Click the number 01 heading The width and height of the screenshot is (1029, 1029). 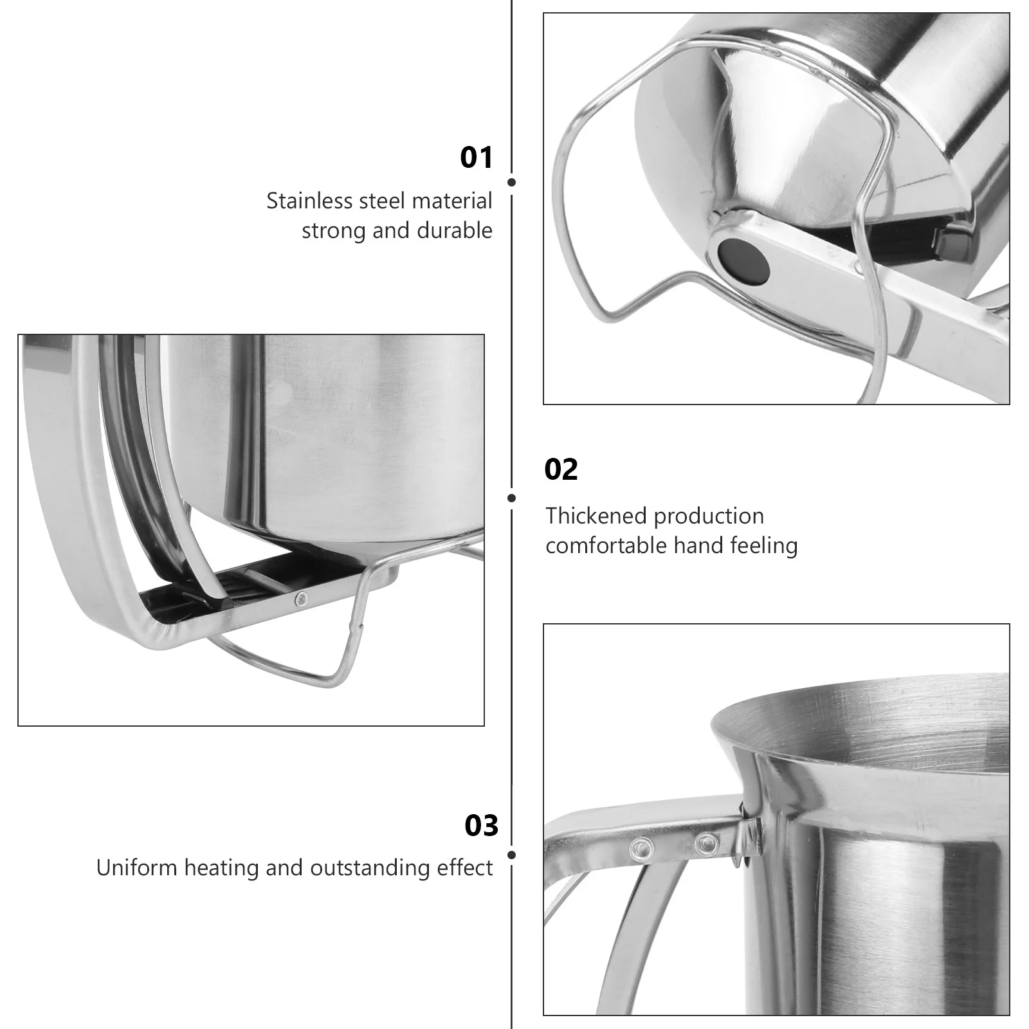(x=476, y=158)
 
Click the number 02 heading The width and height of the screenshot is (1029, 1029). (x=561, y=469)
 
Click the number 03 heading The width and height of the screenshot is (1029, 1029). (x=481, y=826)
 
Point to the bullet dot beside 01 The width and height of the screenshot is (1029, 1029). (x=511, y=182)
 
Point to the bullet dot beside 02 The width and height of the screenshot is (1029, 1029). (x=511, y=498)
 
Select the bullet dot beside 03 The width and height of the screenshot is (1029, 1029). (x=511, y=855)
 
